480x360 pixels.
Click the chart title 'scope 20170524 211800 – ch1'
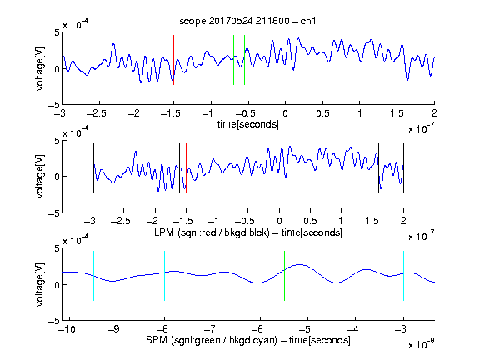tap(247, 21)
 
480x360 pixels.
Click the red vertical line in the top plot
tap(173, 60)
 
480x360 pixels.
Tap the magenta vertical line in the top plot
tap(397, 60)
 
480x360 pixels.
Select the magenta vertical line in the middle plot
tap(372, 167)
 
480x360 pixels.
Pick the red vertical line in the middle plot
tap(186, 167)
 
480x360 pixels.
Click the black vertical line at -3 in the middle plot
tap(93, 167)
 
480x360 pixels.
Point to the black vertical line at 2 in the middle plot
tap(403, 167)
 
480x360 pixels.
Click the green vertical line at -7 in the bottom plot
tap(212, 276)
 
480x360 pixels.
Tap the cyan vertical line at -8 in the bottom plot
tap(165, 276)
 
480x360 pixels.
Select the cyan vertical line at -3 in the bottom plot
tap(403, 276)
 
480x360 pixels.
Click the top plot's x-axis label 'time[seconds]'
tap(248, 124)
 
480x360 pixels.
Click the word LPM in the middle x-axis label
tap(164, 232)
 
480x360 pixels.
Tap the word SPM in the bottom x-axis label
tap(157, 340)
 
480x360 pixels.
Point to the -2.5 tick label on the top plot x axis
tap(97, 114)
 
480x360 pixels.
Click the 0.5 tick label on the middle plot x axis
tap(310, 222)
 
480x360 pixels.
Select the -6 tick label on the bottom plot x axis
tap(257, 329)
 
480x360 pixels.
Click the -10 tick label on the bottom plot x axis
tap(67, 329)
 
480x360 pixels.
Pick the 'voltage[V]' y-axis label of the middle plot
tap(40, 177)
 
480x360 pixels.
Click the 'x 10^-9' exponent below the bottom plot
tap(421, 343)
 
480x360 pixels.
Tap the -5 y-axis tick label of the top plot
tap(54, 105)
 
